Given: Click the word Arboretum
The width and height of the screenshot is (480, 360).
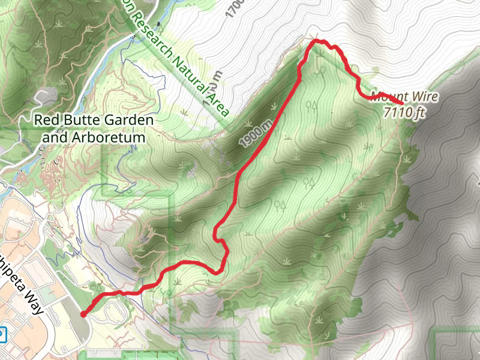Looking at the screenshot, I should point(113,137).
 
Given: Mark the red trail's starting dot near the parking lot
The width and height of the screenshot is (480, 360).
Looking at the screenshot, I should point(83,313).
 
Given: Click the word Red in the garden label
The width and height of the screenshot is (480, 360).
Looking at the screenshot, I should point(45,120).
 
